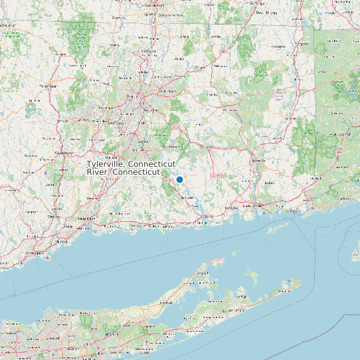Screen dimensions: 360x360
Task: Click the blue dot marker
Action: tap(179, 179)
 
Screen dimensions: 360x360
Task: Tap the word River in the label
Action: tap(98, 172)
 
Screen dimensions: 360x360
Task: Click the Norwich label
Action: tap(258, 161)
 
